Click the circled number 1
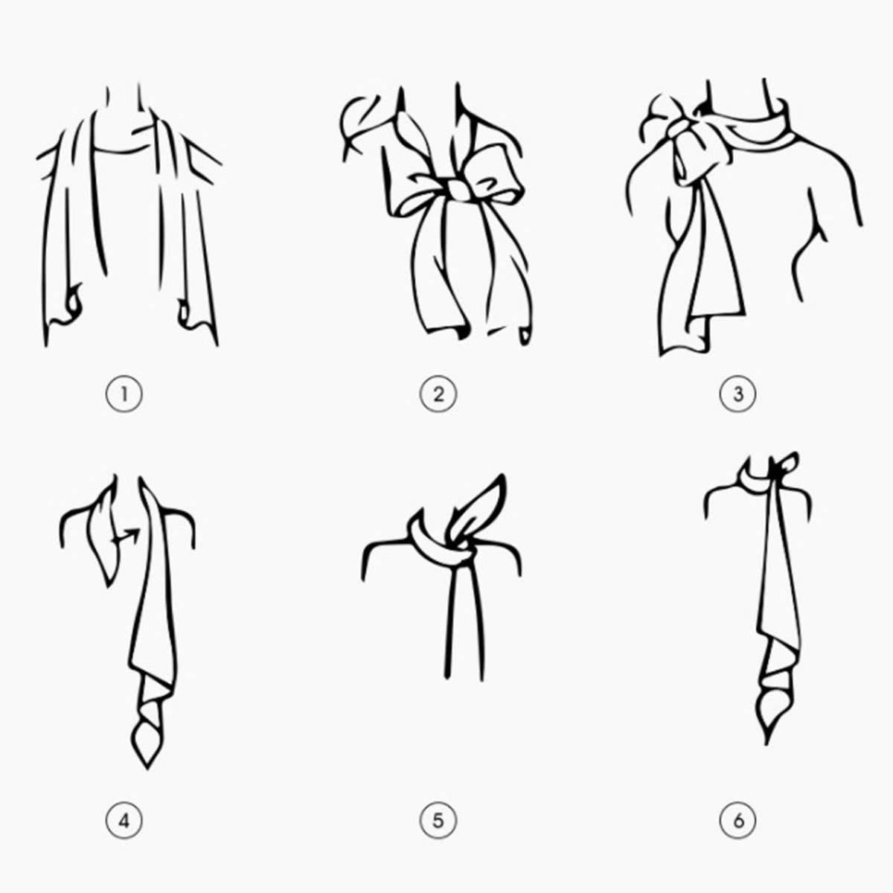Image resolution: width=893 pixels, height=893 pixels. (x=124, y=394)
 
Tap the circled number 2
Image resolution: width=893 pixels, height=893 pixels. (x=438, y=394)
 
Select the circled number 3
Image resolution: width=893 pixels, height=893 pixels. (x=737, y=394)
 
